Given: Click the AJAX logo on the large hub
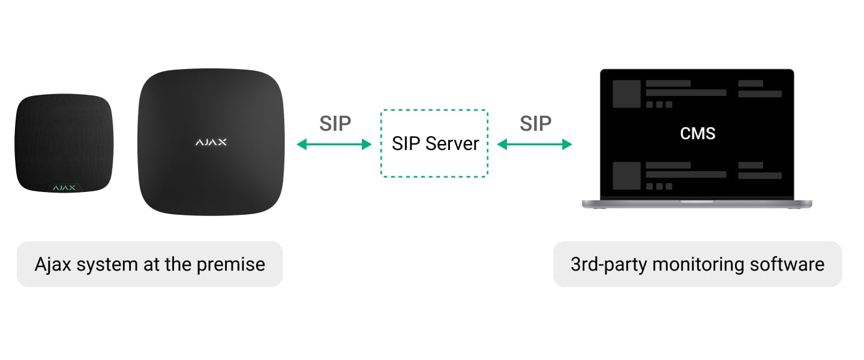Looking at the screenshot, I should (211, 142).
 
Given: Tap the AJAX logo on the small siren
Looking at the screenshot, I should (64, 188).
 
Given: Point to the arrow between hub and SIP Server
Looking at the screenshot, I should (334, 144).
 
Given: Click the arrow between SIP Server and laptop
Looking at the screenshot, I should (535, 144).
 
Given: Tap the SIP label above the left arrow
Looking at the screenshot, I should (335, 123).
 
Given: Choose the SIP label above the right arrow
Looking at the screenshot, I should (535, 123).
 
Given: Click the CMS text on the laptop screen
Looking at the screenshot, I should (697, 133).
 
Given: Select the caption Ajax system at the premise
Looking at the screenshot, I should (149, 264).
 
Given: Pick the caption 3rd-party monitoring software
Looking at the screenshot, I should (697, 264).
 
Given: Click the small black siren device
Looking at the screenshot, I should (64, 144).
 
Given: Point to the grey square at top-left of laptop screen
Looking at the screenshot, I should (626, 94).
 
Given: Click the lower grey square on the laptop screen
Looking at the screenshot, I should (626, 175).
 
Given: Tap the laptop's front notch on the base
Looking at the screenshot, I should (697, 202).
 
